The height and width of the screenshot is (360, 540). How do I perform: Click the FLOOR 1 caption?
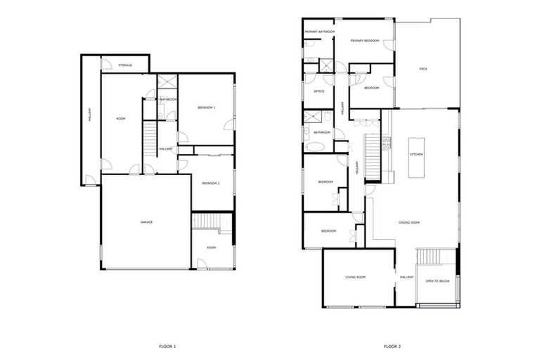(x=167, y=346)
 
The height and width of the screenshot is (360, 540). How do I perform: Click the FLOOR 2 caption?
(x=392, y=346)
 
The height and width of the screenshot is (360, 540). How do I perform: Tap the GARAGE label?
(x=146, y=222)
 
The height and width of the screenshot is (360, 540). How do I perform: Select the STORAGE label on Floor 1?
(x=125, y=65)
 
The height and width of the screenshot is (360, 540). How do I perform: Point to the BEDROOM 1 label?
(x=206, y=107)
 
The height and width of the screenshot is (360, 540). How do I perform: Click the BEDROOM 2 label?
(x=211, y=184)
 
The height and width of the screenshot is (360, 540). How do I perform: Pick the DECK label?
(x=423, y=69)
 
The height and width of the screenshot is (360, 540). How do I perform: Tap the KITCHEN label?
(x=416, y=154)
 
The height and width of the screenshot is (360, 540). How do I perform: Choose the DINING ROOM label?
(x=409, y=222)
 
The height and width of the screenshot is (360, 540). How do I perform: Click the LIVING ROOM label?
(x=356, y=277)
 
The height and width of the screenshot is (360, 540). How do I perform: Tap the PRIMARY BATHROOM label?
(x=319, y=32)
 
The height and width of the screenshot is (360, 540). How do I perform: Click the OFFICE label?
(x=319, y=91)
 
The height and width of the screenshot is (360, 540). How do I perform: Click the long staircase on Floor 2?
(x=371, y=157)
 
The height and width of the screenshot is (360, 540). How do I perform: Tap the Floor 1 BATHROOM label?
(x=168, y=99)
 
